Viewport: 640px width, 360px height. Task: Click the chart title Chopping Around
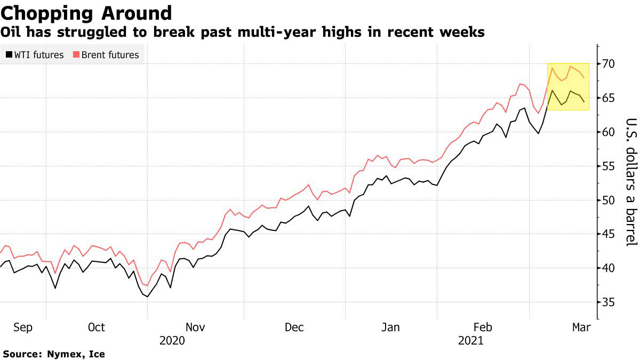(87, 13)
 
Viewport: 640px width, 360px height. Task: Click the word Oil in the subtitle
(11, 33)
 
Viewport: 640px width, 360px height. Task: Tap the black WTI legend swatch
(9, 55)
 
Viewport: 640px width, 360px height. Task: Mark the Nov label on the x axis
(195, 327)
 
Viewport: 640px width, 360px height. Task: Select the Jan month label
(391, 327)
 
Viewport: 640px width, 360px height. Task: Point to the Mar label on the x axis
(581, 327)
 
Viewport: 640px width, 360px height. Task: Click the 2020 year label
(172, 340)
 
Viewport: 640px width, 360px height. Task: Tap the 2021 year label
(470, 340)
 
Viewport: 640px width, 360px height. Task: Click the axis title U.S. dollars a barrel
(631, 181)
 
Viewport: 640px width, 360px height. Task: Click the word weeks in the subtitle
(465, 33)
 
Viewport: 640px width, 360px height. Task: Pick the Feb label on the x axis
(483, 327)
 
